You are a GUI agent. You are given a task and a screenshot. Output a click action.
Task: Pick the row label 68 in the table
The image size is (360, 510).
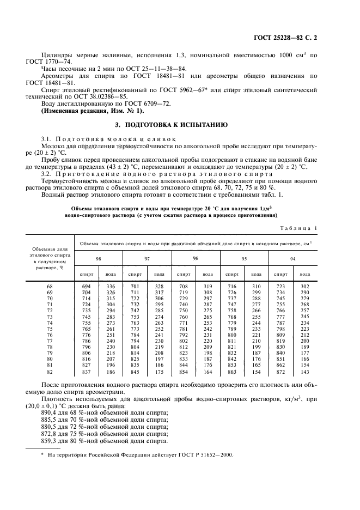click(50, 286)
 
